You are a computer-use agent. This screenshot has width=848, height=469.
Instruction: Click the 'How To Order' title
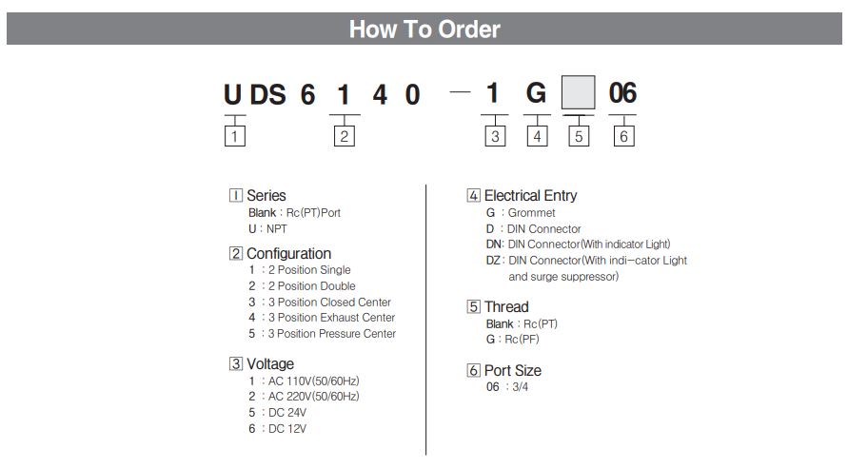tap(424, 29)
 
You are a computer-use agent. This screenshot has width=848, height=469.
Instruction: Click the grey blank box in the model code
tap(578, 92)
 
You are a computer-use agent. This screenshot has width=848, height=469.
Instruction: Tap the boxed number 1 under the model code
tap(235, 136)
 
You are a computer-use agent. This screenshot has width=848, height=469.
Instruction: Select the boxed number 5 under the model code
tap(579, 136)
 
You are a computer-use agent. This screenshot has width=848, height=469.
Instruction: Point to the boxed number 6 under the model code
tap(623, 136)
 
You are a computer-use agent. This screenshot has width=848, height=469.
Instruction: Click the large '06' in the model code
tap(622, 93)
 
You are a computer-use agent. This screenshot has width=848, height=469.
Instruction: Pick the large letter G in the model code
tap(536, 93)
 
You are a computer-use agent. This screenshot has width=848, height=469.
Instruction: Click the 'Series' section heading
tap(266, 195)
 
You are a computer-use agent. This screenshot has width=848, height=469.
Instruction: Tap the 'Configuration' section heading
tap(288, 253)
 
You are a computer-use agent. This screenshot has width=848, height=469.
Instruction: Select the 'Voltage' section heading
tap(270, 363)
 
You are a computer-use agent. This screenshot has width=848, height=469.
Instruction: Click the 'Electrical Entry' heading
tap(530, 196)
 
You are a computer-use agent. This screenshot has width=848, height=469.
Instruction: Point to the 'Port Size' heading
tap(513, 370)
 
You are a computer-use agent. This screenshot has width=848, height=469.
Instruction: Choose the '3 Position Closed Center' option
tap(329, 302)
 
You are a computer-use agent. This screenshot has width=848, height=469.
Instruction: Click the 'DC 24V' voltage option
tap(287, 413)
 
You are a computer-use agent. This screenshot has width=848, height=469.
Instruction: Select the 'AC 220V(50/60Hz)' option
tap(314, 397)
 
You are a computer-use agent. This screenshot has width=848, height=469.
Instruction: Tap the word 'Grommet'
tap(531, 213)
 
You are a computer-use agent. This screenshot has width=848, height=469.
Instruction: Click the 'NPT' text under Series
tap(276, 229)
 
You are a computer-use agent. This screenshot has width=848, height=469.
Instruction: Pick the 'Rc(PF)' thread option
tap(522, 340)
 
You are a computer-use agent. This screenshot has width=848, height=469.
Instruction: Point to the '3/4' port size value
tap(521, 387)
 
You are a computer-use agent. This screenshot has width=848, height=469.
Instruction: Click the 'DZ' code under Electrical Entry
tap(493, 261)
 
